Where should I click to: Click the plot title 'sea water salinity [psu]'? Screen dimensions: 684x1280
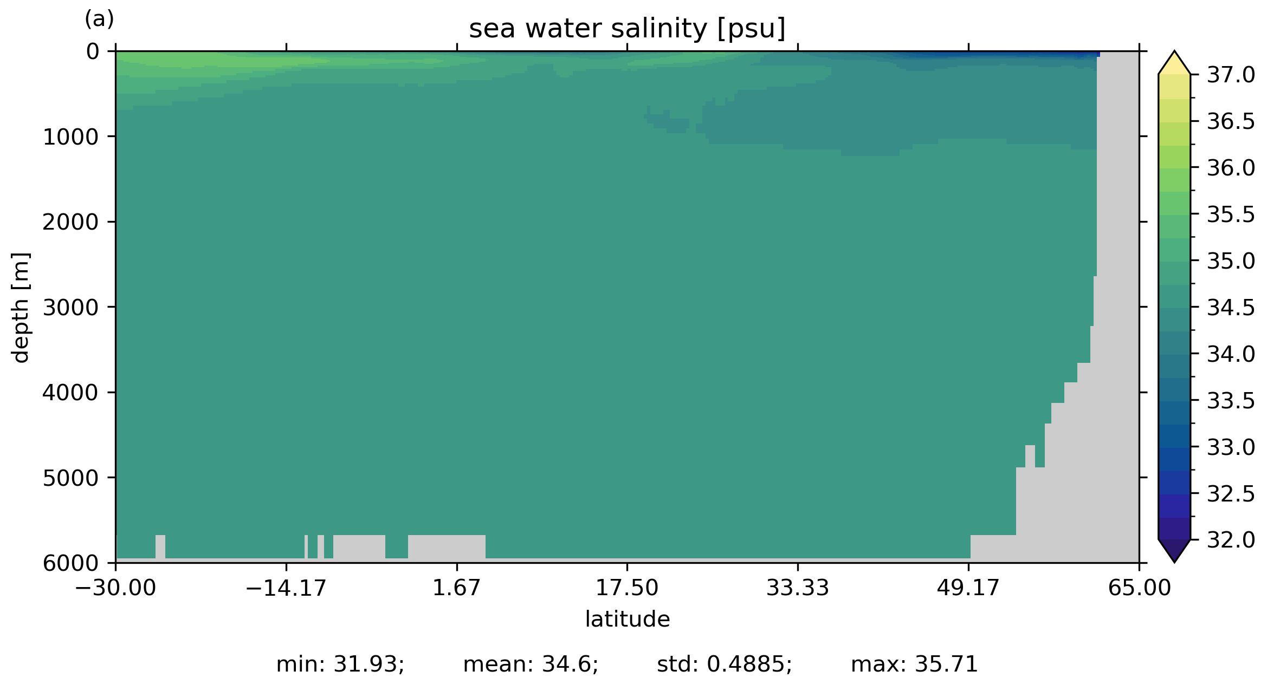(x=627, y=29)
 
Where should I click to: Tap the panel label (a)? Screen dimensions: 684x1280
(x=99, y=19)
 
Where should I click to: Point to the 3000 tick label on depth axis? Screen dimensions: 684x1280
(x=71, y=308)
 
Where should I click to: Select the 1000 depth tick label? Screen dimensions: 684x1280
(x=71, y=137)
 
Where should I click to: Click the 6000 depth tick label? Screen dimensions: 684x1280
(x=71, y=564)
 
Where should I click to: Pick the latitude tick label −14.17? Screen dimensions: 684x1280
(x=286, y=588)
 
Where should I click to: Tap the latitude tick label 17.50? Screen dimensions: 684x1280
(x=627, y=588)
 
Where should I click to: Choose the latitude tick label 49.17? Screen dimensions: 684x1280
(x=968, y=588)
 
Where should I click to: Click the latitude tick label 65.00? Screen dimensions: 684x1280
(x=1139, y=588)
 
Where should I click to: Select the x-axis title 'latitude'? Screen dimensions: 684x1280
(x=627, y=619)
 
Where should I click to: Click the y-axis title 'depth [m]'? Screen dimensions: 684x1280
(x=21, y=307)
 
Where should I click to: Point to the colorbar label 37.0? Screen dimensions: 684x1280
(x=1231, y=75)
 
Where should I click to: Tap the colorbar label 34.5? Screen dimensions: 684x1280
(x=1231, y=308)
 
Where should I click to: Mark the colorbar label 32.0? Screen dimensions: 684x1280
(x=1231, y=540)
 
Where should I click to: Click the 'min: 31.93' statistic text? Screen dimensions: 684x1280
(x=340, y=665)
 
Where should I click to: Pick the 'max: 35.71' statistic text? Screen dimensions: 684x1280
(x=914, y=665)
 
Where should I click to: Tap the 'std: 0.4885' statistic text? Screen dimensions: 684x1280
(x=724, y=665)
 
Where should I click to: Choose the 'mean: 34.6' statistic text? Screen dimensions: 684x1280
(x=531, y=665)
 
